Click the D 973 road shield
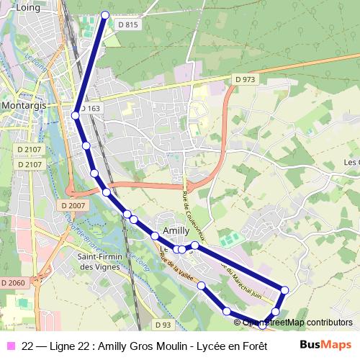pos(245,78)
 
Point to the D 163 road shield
pos(91,109)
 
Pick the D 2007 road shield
pos(73,206)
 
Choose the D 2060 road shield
pos(12,283)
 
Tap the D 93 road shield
pos(163,325)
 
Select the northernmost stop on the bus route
pos(105,14)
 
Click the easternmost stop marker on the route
pos(285,290)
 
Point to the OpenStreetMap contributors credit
pos(297,323)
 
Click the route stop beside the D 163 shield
pos(76,114)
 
